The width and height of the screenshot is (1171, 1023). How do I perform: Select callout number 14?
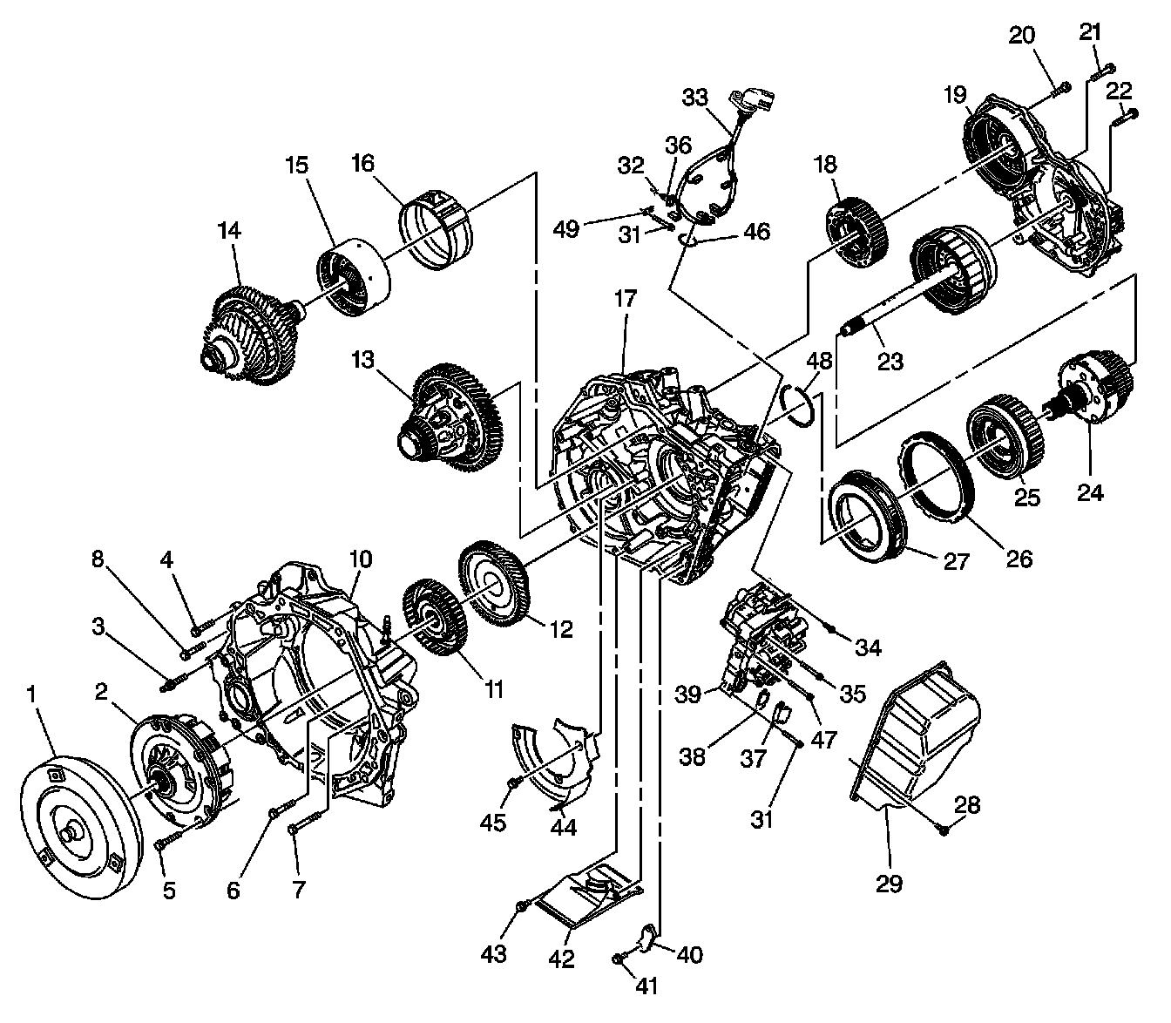tap(229, 232)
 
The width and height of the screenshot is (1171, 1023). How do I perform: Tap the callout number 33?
tap(694, 98)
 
